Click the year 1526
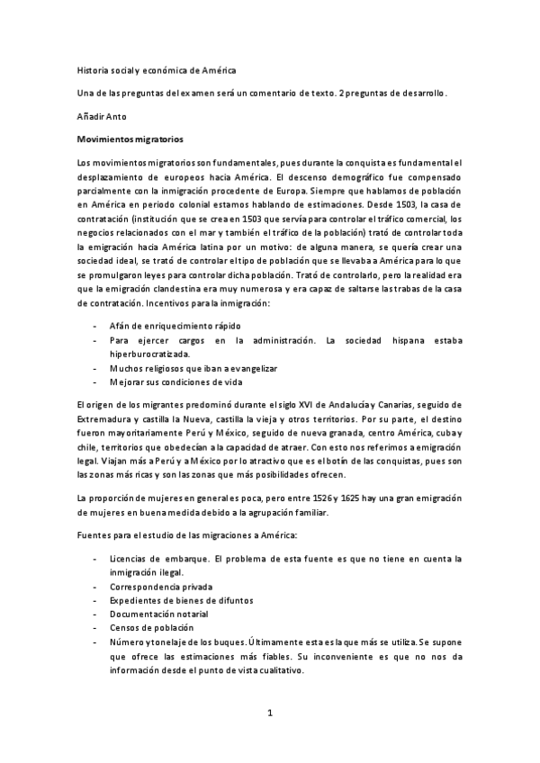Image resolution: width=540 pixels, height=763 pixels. coord(335,498)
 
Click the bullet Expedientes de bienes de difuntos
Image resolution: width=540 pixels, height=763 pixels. coord(181,599)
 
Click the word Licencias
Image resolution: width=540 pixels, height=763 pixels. coord(128,558)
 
